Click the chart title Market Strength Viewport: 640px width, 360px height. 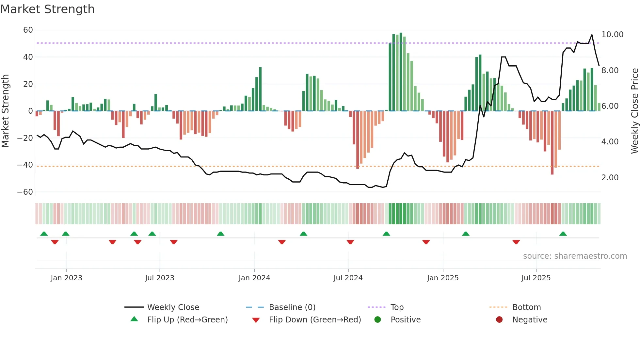[x=47, y=9]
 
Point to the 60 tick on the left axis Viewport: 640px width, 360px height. [x=28, y=30]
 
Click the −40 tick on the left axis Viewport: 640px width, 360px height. [x=25, y=165]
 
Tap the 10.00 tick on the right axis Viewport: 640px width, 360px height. [x=612, y=35]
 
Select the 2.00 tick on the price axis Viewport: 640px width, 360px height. [x=610, y=178]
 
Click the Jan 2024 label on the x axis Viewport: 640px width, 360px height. [x=254, y=278]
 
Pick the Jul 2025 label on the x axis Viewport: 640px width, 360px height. [x=536, y=278]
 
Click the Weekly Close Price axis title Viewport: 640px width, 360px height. [x=634, y=111]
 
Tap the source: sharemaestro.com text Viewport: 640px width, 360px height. [x=575, y=256]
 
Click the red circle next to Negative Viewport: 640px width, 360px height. [x=499, y=320]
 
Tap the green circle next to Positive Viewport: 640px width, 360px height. [x=377, y=320]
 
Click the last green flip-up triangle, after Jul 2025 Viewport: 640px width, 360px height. [x=563, y=234]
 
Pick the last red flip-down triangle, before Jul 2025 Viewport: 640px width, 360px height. [x=516, y=242]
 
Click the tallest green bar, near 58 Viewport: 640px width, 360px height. [x=401, y=72]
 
